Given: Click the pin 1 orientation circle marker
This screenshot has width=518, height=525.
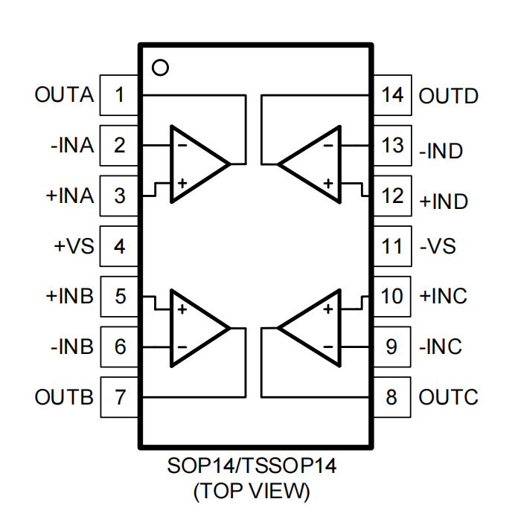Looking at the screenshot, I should pyautogui.click(x=159, y=68).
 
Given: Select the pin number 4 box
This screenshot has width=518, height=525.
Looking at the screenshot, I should pyautogui.click(x=119, y=246).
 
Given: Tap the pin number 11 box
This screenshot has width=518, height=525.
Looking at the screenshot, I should pyautogui.click(x=391, y=246).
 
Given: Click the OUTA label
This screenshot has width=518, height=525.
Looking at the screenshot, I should pyautogui.click(x=64, y=96).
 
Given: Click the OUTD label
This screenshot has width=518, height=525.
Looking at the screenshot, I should pyautogui.click(x=449, y=96).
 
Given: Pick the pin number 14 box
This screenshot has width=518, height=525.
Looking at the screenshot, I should pyautogui.click(x=391, y=95).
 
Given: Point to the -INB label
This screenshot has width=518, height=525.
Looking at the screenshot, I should pyautogui.click(x=72, y=347).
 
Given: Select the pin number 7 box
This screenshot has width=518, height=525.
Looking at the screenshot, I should pyautogui.click(x=119, y=397).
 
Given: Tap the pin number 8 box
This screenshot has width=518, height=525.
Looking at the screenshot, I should pyautogui.click(x=391, y=397).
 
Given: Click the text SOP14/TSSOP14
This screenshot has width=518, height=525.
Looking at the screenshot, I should pyautogui.click(x=252, y=467).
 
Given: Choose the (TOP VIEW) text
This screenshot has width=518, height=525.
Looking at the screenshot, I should pyautogui.click(x=252, y=491).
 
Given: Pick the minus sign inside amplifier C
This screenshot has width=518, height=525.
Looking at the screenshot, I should pyautogui.click(x=327, y=347).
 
